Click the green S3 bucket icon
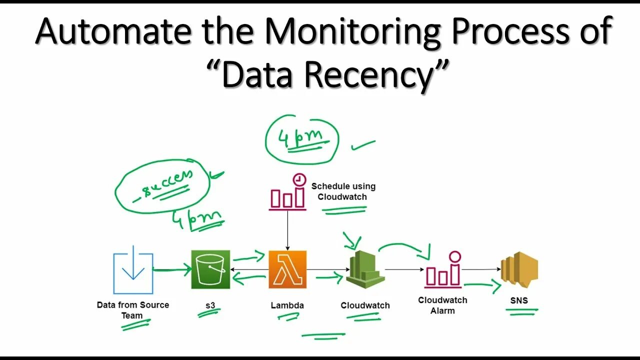(x=210, y=269)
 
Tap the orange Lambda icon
(x=287, y=269)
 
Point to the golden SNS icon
(x=519, y=270)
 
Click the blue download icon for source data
(x=133, y=273)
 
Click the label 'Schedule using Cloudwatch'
(x=343, y=191)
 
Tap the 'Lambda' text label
(x=287, y=305)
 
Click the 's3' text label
(x=210, y=304)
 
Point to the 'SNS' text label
(x=519, y=300)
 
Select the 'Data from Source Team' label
(x=133, y=310)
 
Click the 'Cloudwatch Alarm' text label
(x=443, y=305)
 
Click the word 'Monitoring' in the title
(x=352, y=31)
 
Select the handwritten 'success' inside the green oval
(x=163, y=183)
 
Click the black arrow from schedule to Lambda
(x=287, y=230)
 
